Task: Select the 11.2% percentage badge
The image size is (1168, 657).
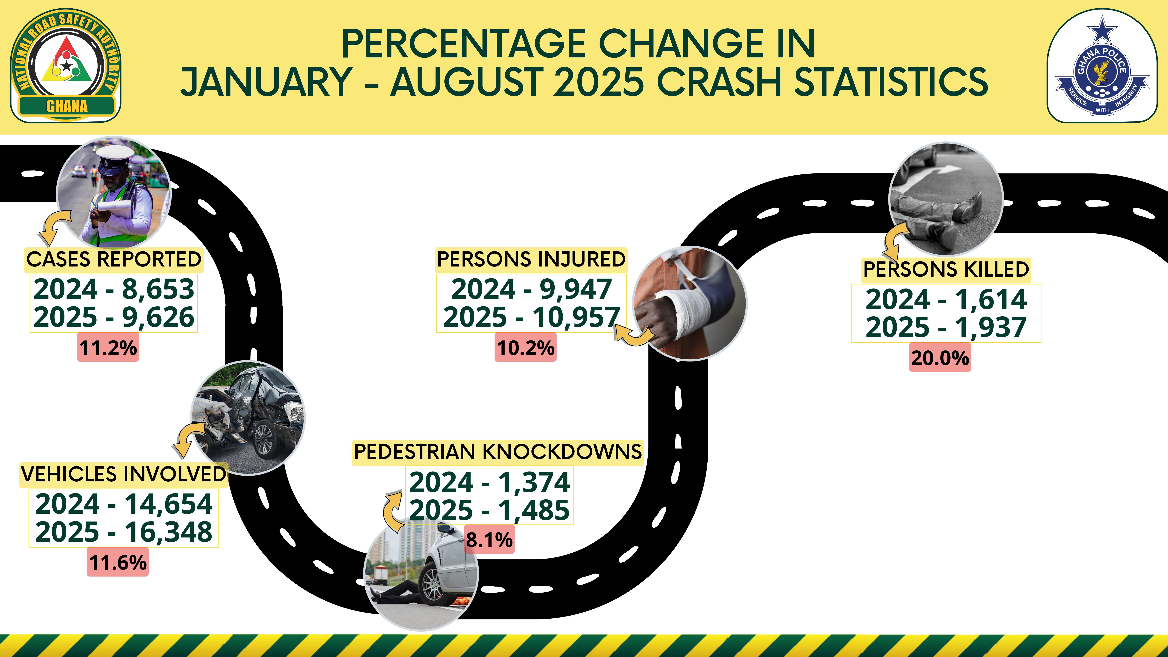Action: point(108,347)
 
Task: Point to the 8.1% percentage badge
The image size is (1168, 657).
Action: point(489,540)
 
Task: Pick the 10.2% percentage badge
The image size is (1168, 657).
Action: point(526,347)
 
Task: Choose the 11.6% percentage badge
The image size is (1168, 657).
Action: point(118,562)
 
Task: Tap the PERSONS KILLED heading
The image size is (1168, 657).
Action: point(946,269)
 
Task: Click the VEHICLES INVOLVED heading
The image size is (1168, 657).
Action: point(123,474)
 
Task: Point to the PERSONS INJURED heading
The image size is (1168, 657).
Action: point(531,259)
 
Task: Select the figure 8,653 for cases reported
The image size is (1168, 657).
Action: point(158,289)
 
